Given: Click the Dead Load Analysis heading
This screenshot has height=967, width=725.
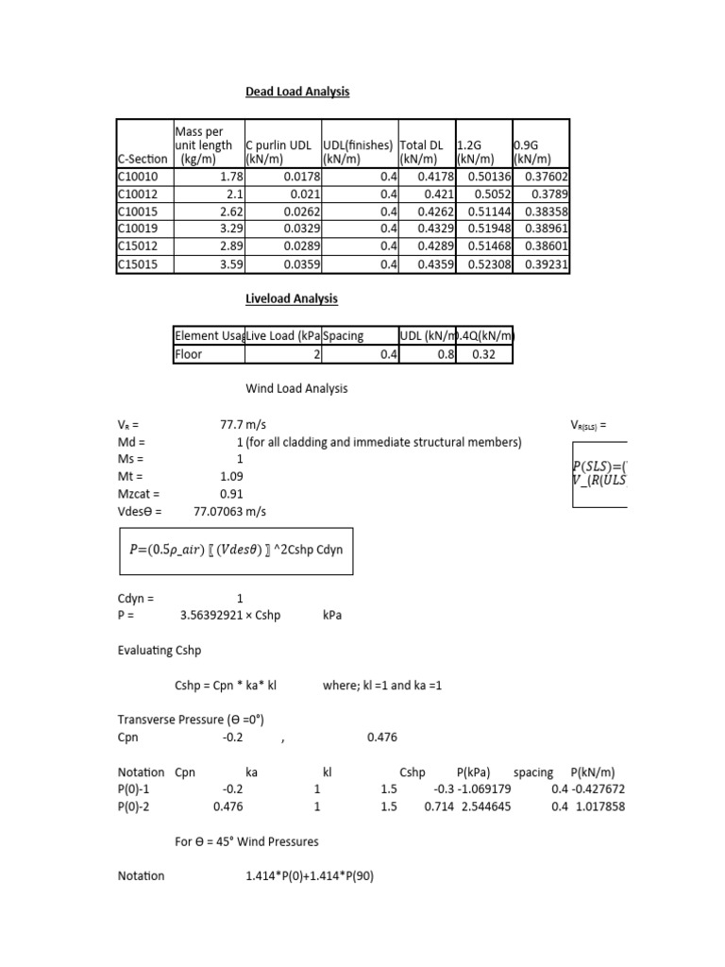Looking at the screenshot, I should pyautogui.click(x=297, y=92).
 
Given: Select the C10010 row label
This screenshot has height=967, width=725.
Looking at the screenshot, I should pyautogui.click(x=138, y=177).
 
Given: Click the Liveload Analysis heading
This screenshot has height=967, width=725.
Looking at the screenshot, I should pyautogui.click(x=292, y=299).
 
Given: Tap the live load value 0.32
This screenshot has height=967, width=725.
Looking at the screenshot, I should pyautogui.click(x=496, y=355).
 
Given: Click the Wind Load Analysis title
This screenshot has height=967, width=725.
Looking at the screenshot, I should pyautogui.click(x=296, y=388).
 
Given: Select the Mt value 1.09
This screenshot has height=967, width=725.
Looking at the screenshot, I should pyautogui.click(x=231, y=477).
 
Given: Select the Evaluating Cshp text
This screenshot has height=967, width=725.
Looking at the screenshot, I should pyautogui.click(x=159, y=651).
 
